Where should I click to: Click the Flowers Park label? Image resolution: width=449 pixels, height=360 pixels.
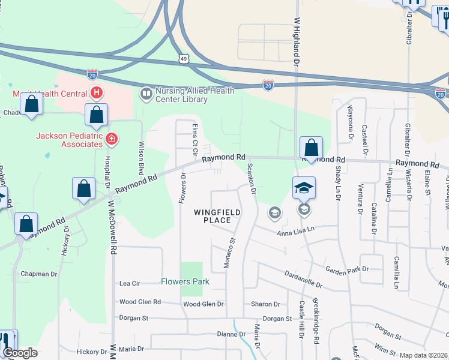click(x=185, y=282)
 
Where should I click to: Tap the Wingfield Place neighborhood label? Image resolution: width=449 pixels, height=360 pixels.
click(x=217, y=217)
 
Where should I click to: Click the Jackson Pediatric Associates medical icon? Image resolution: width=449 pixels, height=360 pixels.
click(x=111, y=140)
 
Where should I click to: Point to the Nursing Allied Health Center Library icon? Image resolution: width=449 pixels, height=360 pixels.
click(x=146, y=94)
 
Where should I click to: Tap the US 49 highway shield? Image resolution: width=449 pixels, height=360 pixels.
click(x=184, y=58)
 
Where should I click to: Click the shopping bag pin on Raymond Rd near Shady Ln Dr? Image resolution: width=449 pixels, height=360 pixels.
click(x=311, y=148)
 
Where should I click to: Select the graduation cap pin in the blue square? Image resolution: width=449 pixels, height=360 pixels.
click(x=304, y=188)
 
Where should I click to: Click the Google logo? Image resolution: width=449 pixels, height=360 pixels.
click(x=20, y=353)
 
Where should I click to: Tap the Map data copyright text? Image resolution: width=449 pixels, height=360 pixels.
click(x=424, y=355)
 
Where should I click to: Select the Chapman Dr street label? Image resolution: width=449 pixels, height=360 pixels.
click(x=38, y=274)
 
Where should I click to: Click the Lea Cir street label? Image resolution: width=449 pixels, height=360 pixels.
click(x=130, y=283)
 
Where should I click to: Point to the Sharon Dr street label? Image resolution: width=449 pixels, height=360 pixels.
click(x=266, y=304)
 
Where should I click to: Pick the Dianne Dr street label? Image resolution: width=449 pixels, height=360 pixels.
click(x=232, y=334)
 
